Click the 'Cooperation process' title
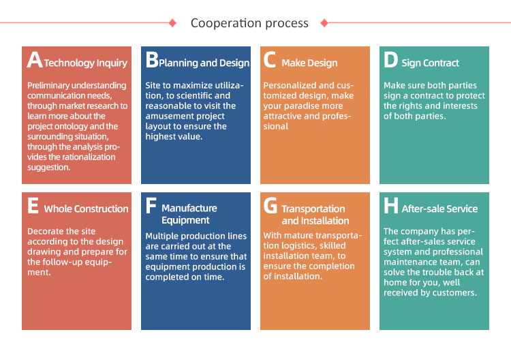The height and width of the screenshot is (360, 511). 249,23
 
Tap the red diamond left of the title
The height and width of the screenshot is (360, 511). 173,22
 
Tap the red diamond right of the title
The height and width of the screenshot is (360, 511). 324,22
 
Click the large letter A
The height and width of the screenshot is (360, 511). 35,60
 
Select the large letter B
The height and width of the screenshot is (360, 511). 152,60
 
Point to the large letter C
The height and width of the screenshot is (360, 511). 270,60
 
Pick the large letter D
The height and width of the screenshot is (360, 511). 390,60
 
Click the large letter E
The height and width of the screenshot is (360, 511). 33,205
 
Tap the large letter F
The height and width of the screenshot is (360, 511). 151,205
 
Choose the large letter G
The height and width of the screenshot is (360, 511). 270,205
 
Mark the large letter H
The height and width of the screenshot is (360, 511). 391,205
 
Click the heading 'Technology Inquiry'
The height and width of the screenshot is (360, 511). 85,63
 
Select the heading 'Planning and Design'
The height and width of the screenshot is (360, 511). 204,63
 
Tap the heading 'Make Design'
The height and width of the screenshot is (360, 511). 309,63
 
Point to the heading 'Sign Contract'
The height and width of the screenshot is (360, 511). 430,63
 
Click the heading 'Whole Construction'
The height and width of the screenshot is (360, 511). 87,209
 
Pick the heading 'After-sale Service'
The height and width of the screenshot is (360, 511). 439,209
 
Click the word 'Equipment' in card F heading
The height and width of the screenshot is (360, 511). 185,220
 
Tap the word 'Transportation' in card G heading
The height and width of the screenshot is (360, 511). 313,209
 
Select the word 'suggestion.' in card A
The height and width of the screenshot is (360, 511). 49,168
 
